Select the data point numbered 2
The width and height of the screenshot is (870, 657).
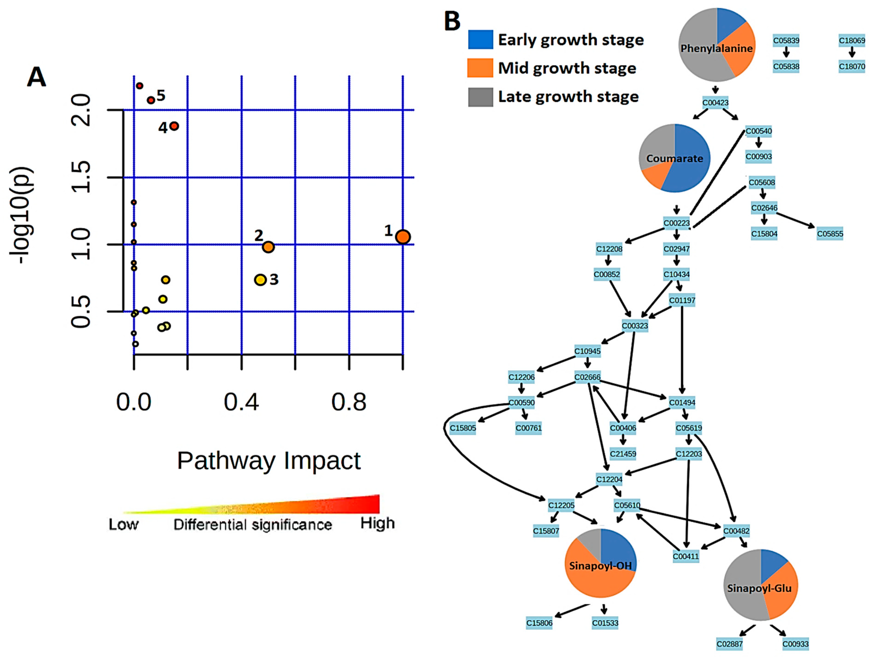point(268,247)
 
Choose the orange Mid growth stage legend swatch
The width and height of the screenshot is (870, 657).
point(480,68)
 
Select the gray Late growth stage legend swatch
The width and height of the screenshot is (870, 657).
point(480,97)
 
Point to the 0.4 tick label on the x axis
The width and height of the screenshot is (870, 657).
point(241,402)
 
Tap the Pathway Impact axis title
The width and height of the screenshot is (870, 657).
point(269,460)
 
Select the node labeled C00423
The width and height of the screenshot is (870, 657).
point(715,103)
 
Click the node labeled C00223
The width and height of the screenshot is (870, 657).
point(677,223)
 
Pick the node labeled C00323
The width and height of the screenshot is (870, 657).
point(635,326)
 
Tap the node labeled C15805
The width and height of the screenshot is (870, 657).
point(463,428)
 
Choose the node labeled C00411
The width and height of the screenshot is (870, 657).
point(686,556)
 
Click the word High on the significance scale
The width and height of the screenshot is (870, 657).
point(378,523)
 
